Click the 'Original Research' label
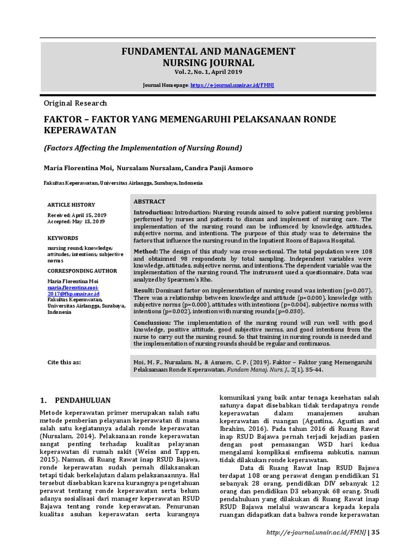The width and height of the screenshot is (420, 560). point(75,103)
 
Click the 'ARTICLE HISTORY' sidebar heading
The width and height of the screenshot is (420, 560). point(71,205)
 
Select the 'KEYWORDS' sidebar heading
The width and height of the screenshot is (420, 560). point(62,238)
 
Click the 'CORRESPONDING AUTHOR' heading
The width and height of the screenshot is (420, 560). point(82,271)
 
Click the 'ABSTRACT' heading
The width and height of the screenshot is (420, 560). point(149,202)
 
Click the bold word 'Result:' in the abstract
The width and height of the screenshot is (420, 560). point(144,290)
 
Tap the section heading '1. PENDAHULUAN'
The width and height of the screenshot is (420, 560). point(76,400)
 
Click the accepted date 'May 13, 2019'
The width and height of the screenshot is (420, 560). point(90,221)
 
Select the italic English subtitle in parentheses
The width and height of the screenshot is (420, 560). point(143,148)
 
